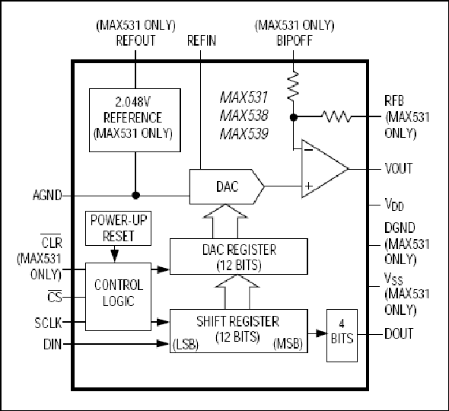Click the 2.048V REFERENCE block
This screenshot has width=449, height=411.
(135, 120)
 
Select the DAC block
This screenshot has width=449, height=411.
(227, 186)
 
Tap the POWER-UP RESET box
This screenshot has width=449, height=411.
(118, 228)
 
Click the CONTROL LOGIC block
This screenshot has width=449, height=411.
(118, 296)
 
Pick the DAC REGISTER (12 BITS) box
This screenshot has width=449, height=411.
(239, 256)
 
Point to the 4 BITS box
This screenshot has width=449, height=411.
(342, 336)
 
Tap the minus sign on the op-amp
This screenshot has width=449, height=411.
(308, 150)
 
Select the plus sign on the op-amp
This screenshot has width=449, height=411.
(309, 186)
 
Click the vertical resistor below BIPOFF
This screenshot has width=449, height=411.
(293, 86)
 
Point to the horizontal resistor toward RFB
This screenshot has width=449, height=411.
(336, 116)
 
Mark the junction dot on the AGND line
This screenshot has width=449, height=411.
(135, 196)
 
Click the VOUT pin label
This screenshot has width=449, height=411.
(399, 168)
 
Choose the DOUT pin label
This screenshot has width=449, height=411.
(399, 334)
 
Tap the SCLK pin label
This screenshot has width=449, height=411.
(48, 323)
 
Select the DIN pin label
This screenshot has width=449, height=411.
(53, 344)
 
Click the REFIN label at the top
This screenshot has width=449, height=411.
(202, 40)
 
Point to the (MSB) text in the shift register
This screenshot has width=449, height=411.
(288, 344)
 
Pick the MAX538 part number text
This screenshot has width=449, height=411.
(244, 116)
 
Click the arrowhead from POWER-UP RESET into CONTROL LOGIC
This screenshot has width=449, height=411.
(115, 256)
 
